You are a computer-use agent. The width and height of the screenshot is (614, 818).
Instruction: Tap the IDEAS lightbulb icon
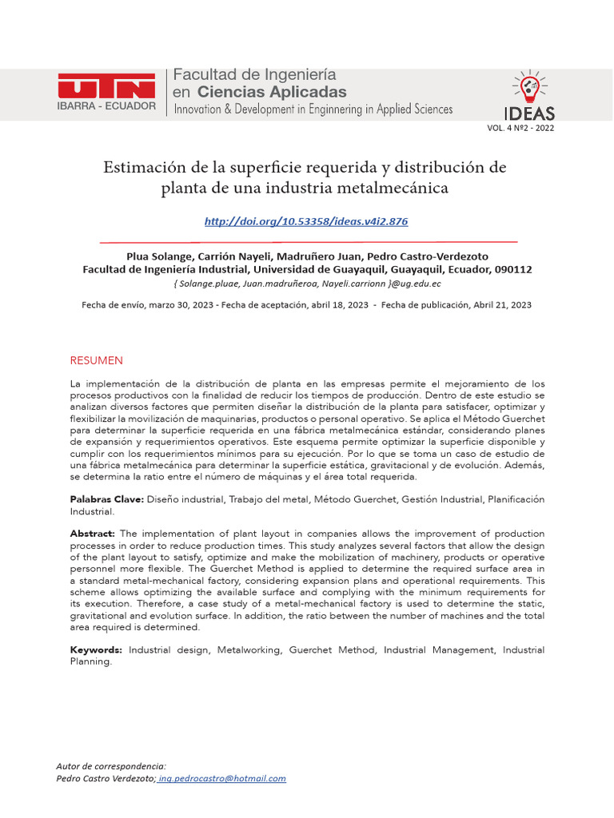click(x=528, y=86)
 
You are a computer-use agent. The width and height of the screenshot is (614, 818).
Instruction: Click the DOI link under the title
click(x=306, y=221)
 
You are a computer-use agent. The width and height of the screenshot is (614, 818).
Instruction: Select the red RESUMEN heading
click(x=97, y=360)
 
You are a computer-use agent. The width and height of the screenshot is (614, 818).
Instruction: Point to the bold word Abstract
click(x=93, y=534)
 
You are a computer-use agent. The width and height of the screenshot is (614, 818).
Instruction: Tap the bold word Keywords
click(x=97, y=650)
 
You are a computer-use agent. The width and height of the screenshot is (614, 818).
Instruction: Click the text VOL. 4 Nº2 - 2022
click(x=520, y=128)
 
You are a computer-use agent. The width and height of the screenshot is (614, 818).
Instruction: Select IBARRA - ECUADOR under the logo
click(x=107, y=106)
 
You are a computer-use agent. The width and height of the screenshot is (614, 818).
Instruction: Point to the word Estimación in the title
click(x=145, y=168)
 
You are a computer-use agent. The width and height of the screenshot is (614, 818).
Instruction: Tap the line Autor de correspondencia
click(x=111, y=766)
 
